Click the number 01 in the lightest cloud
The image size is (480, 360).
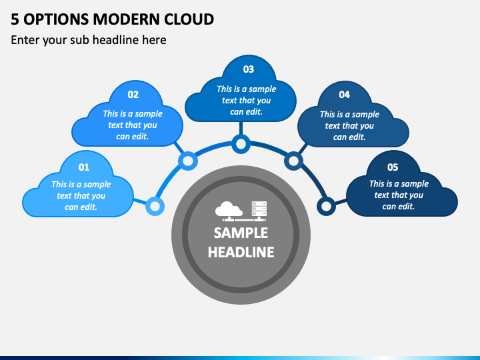point(84,167)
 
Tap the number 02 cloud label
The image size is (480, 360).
point(133,94)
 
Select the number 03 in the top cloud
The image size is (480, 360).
point(249,69)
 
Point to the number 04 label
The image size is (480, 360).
point(345,95)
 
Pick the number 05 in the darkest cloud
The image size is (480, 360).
point(393,167)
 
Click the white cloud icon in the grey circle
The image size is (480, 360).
point(229,210)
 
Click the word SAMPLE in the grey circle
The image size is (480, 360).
point(241,233)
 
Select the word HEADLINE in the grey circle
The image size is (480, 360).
point(241,252)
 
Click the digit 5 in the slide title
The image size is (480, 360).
point(15,19)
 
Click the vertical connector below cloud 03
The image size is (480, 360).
point(241,128)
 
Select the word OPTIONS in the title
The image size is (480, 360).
point(56,19)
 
